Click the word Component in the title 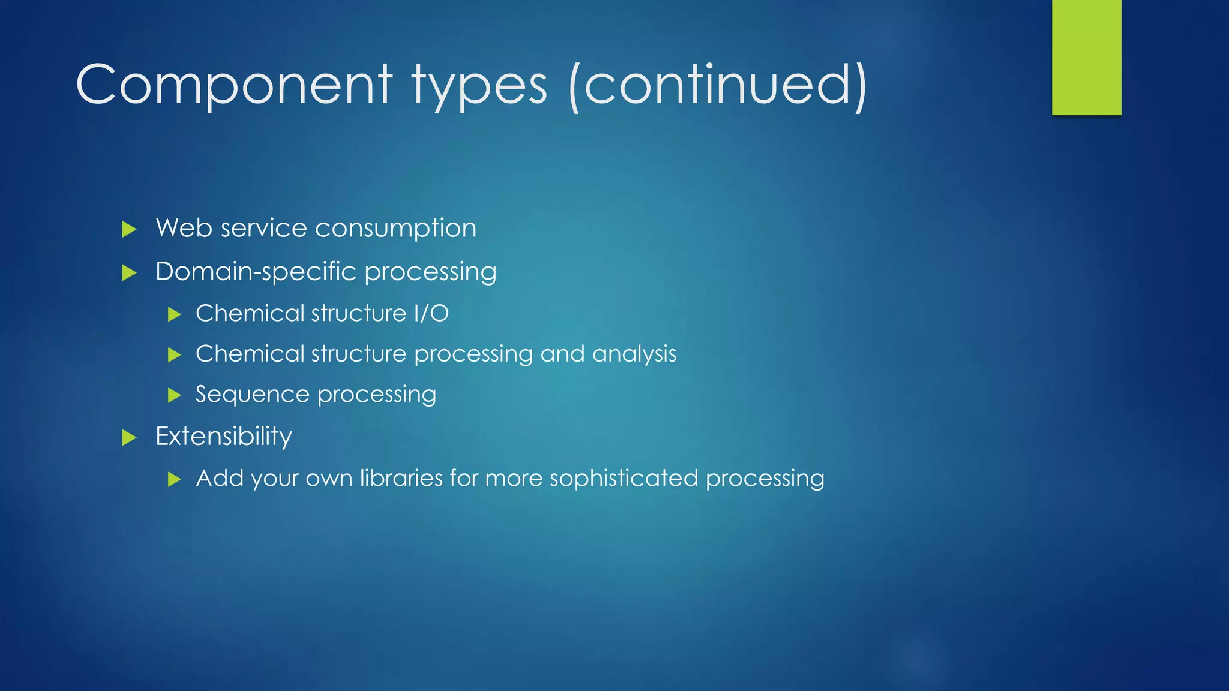[234, 85]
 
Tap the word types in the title [479, 85]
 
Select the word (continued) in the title [718, 85]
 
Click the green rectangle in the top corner [1086, 57]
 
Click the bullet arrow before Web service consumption [129, 229]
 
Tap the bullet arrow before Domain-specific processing [129, 274]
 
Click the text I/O [431, 313]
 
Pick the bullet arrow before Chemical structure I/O [174, 314]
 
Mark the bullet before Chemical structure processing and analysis [174, 355]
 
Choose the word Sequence [252, 395]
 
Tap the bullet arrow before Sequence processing [174, 395]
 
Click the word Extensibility [224, 436]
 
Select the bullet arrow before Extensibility [129, 438]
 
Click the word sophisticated [624, 478]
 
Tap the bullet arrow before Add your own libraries [174, 479]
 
